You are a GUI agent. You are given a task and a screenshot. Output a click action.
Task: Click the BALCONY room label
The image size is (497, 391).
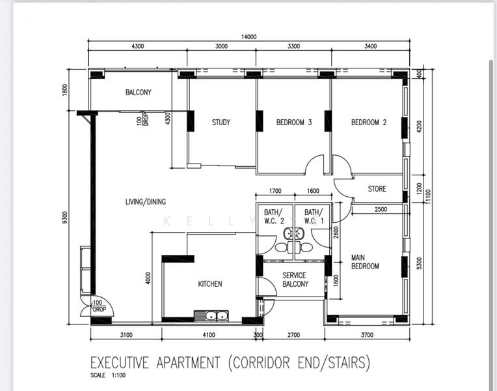138,93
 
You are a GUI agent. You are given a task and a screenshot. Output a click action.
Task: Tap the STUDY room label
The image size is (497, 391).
221,123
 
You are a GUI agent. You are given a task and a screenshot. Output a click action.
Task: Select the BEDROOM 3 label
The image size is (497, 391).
294,123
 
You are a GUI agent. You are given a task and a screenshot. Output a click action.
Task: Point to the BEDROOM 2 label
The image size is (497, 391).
369,123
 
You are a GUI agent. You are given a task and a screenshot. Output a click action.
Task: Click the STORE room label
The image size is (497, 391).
377,189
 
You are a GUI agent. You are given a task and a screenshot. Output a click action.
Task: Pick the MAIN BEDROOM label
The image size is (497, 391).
364,261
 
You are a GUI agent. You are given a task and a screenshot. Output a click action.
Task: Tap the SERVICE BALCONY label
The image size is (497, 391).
294,280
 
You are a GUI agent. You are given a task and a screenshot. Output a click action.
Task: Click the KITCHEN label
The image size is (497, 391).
210,284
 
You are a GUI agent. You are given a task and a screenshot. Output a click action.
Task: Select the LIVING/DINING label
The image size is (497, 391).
146,202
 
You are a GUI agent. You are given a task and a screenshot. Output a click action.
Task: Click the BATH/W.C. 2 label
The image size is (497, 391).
274,216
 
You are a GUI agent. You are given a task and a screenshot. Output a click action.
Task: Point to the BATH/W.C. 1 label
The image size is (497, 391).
314,216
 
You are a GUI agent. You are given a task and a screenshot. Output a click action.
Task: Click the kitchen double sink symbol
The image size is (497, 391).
215,316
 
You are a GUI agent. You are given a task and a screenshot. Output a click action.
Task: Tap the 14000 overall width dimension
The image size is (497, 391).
248,37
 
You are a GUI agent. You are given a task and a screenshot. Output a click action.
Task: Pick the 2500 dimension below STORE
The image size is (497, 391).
381,209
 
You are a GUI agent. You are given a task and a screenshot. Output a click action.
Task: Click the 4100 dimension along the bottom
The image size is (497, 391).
208,336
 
